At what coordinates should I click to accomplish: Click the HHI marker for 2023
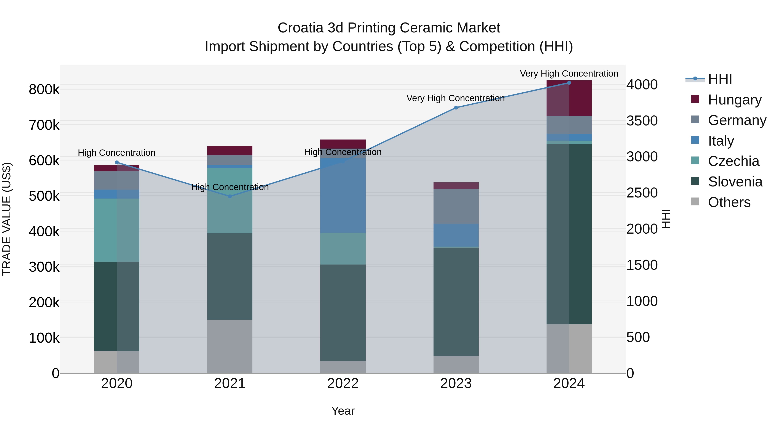456,108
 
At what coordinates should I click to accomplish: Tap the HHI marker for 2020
117,162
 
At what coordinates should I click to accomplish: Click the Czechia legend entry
733,161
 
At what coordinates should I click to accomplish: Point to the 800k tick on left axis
44,90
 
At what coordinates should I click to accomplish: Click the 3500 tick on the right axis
642,121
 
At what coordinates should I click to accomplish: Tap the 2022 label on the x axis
343,383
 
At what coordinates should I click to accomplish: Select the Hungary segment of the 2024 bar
569,98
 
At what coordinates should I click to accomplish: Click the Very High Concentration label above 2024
569,74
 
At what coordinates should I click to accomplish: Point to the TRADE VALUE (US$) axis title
7,219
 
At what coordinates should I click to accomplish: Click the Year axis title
343,411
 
